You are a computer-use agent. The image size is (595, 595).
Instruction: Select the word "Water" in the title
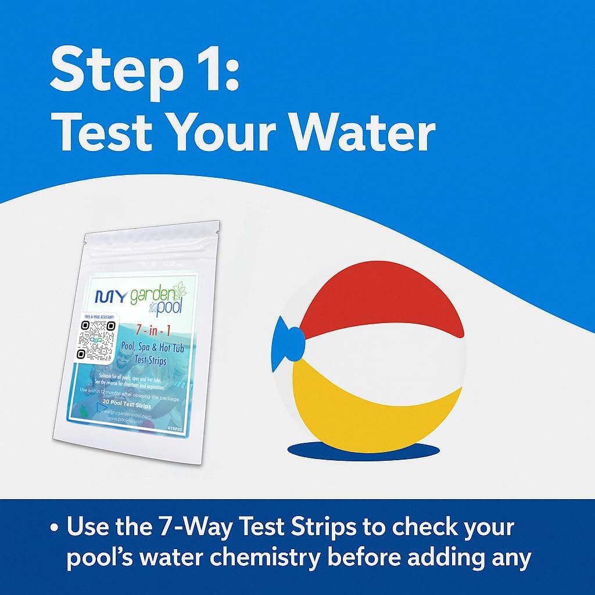pos(363,134)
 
